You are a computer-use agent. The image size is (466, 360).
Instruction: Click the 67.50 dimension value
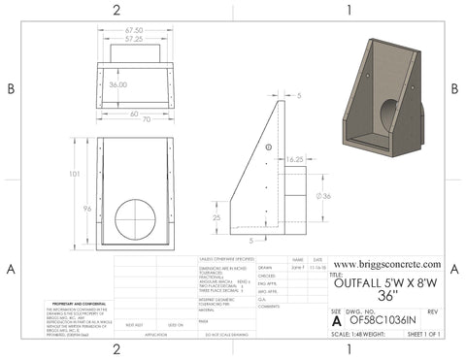click(133, 31)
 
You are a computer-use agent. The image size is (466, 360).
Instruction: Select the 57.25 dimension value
click(133, 41)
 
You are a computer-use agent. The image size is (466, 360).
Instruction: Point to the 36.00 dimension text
click(118, 85)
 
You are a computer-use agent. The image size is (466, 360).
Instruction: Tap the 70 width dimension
click(133, 122)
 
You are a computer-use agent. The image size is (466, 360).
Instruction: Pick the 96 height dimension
click(86, 209)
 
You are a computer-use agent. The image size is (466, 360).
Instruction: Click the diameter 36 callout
click(325, 197)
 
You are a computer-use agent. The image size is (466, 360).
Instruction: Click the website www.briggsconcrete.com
click(386, 263)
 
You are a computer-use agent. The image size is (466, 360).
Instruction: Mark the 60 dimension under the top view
click(133, 113)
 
